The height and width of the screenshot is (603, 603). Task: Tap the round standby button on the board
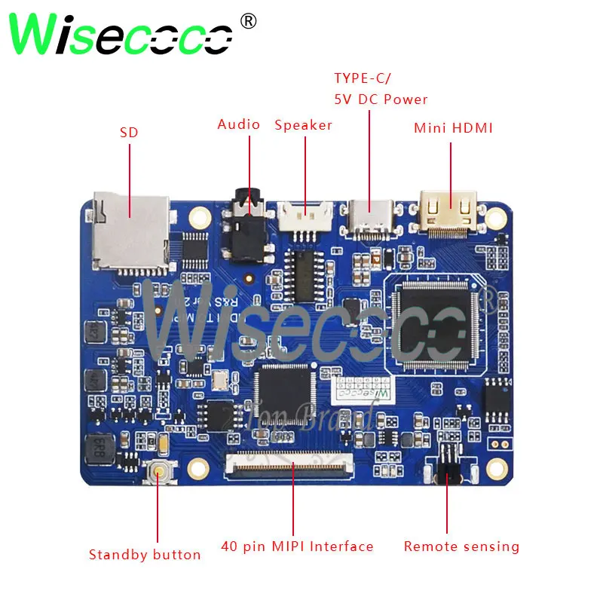[x=160, y=474]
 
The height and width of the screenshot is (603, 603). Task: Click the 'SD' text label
[x=129, y=133]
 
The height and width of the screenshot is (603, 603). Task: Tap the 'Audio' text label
[x=239, y=124]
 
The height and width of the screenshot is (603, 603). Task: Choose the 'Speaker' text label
[x=303, y=125]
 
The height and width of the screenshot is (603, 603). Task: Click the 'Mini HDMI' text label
[x=453, y=128]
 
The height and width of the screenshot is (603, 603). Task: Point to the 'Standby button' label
[x=145, y=555]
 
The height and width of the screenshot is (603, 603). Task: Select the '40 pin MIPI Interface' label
[x=297, y=546]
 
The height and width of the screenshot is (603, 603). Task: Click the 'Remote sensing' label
[x=461, y=546]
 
